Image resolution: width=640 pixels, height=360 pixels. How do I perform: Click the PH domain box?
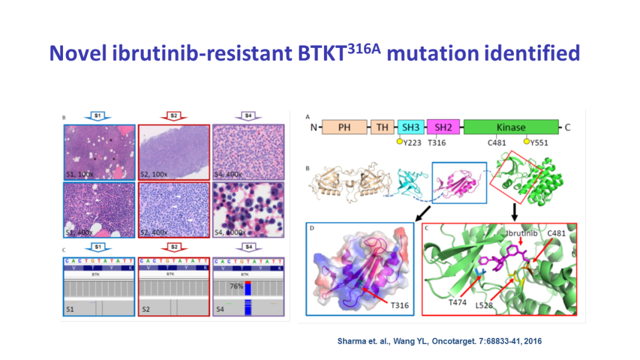tap(345, 127)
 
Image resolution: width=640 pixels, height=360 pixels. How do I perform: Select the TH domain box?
tap(381, 127)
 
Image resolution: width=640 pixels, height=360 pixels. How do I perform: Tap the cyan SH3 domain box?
tap(411, 127)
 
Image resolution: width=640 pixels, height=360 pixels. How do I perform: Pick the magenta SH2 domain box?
tap(443, 127)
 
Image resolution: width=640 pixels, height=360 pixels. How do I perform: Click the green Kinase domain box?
tap(510, 127)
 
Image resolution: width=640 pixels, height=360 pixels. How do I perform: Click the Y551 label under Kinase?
tap(539, 143)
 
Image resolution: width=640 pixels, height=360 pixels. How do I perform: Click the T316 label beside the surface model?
tap(400, 305)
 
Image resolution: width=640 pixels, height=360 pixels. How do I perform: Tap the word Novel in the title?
tap(77, 53)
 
